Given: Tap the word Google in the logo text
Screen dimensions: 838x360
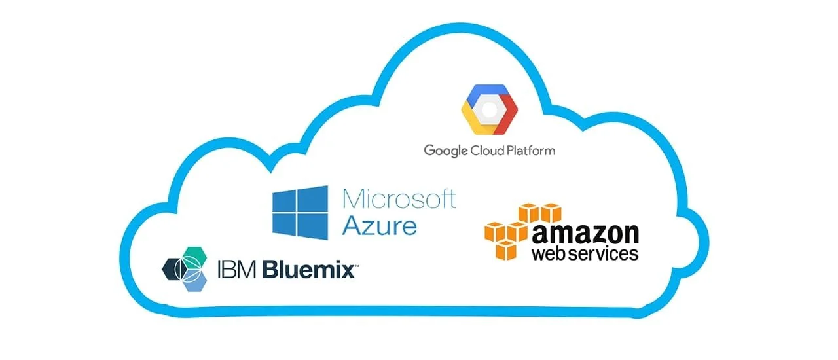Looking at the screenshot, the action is [x=446, y=151].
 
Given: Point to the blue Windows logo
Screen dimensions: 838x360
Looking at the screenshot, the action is [x=301, y=212].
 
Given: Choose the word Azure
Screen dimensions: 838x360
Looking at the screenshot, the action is [x=380, y=226].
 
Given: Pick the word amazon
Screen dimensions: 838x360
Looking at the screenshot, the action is [x=585, y=234].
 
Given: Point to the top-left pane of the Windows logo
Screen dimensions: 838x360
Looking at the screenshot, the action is [x=286, y=200].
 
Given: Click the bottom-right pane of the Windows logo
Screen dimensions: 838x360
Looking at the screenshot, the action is [x=314, y=226].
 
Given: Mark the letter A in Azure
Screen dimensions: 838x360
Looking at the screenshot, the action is [x=354, y=226].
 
